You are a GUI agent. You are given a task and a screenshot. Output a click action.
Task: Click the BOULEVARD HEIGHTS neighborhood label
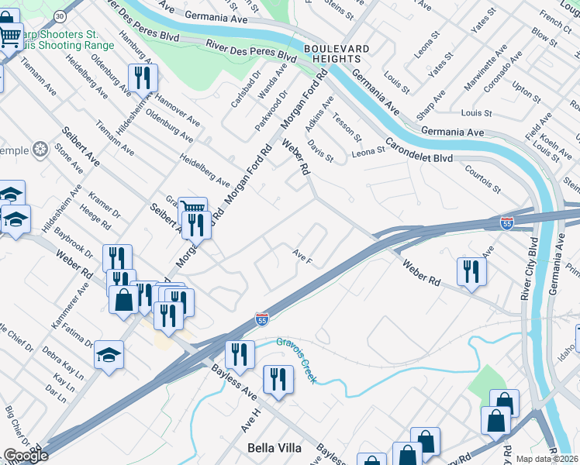336,54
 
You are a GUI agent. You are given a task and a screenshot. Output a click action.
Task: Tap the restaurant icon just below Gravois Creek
278,379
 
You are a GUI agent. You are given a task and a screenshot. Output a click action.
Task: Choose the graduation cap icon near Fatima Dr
109,354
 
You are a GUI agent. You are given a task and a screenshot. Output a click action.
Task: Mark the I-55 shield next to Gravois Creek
262,319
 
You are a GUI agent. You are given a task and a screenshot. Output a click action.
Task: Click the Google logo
26,456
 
